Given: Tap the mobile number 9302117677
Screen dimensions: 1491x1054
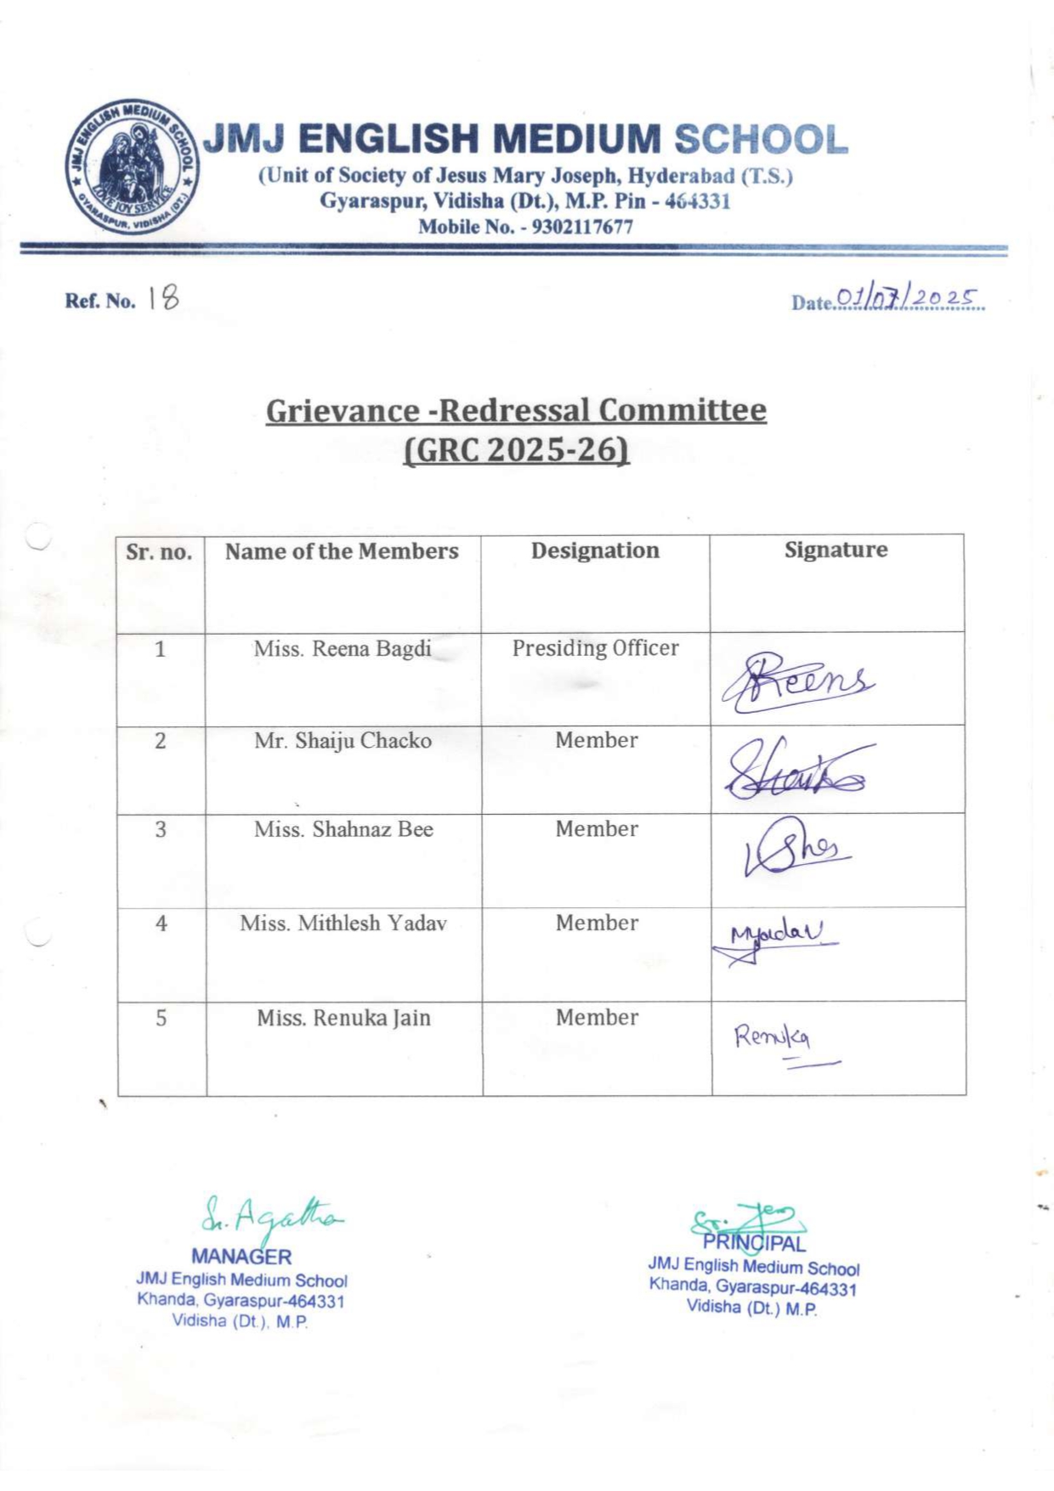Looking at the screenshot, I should (582, 227).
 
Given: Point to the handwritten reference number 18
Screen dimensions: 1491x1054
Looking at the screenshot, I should (163, 297).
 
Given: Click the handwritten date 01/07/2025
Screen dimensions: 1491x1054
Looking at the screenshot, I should (907, 297).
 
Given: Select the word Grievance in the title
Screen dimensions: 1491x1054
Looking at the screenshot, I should (342, 410).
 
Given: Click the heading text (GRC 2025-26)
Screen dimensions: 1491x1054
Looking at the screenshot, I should (516, 449).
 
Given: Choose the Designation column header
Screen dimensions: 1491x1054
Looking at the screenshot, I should (595, 551).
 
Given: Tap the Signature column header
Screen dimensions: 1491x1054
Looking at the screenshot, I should (836, 550).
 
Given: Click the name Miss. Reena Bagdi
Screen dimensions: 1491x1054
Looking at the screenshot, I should (342, 649).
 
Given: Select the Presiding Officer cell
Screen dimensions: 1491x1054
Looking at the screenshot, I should (595, 648).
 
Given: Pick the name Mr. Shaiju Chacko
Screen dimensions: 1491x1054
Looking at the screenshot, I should (343, 741).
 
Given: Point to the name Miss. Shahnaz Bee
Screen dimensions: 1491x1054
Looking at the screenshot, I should (343, 829).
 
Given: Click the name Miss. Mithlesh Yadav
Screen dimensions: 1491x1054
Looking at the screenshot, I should (343, 923).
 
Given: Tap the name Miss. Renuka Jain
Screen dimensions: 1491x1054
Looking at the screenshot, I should (343, 1018).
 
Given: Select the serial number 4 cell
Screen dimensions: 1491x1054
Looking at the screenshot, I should (161, 923).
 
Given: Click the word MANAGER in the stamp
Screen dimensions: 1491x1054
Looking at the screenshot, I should (241, 1257).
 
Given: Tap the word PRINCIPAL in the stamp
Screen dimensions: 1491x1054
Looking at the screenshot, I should (754, 1244).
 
